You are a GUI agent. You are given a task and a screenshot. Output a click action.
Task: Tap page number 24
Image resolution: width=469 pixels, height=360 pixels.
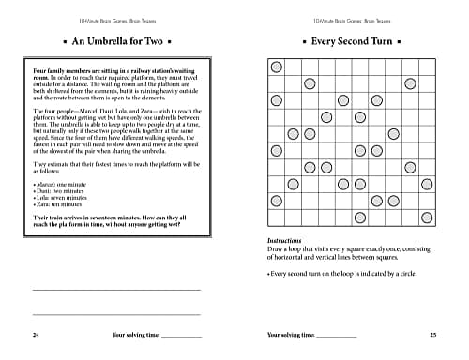pos(35,335)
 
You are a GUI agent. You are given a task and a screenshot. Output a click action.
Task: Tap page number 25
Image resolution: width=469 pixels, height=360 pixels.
pos(432,335)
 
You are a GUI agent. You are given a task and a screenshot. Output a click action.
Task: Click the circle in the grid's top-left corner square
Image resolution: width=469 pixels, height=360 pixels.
pos(276,67)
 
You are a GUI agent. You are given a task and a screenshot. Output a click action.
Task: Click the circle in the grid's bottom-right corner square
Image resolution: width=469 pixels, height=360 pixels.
pos(428,217)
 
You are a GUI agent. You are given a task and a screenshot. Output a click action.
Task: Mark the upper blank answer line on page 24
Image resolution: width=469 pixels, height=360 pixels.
pos(116,289)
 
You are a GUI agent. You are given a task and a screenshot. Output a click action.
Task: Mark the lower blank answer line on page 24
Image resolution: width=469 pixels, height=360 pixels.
pos(116,313)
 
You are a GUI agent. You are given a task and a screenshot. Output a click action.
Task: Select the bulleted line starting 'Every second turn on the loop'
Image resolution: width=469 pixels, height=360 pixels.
pos(345,274)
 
